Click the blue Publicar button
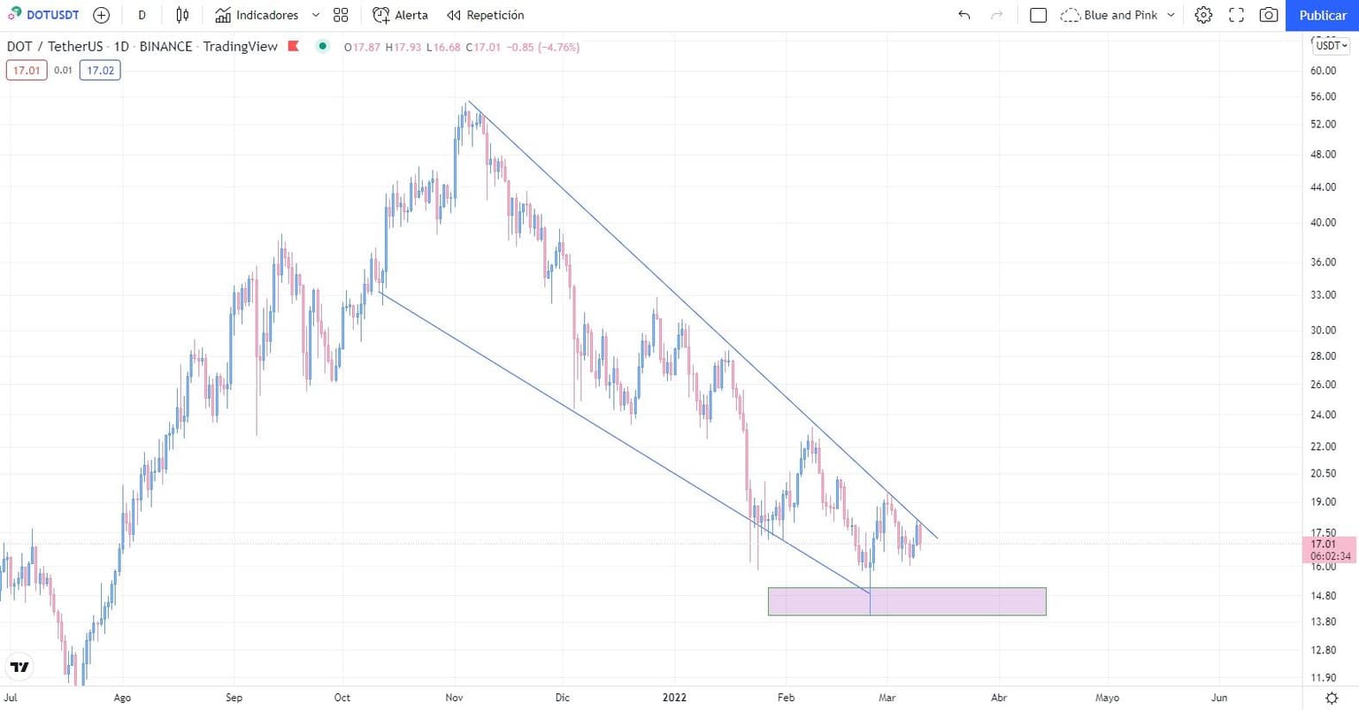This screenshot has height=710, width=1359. pyautogui.click(x=1322, y=15)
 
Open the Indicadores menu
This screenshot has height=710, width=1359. pyautogui.click(x=257, y=15)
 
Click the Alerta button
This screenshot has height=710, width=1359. pyautogui.click(x=400, y=15)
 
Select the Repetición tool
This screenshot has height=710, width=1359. pyautogui.click(x=485, y=15)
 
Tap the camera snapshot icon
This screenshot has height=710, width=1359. pyautogui.click(x=1268, y=15)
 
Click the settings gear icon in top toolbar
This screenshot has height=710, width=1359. pyautogui.click(x=1203, y=15)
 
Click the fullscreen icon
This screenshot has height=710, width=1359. pyautogui.click(x=1236, y=15)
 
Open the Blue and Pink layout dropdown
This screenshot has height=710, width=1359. pyautogui.click(x=1118, y=15)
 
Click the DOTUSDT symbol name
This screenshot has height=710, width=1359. pyautogui.click(x=52, y=15)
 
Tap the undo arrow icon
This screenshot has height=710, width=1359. pyautogui.click(x=964, y=15)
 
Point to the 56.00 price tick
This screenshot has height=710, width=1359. pyautogui.click(x=1323, y=96)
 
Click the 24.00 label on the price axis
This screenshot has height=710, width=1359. pyautogui.click(x=1323, y=415)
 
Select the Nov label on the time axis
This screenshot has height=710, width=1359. pyautogui.click(x=454, y=698)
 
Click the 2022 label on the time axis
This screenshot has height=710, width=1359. pyautogui.click(x=674, y=698)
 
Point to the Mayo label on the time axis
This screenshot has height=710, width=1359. pyautogui.click(x=1107, y=698)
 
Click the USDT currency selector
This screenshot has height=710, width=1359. pyautogui.click(x=1330, y=45)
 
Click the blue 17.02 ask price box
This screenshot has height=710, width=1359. pyautogui.click(x=100, y=71)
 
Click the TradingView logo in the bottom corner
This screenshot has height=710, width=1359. pyautogui.click(x=19, y=667)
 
